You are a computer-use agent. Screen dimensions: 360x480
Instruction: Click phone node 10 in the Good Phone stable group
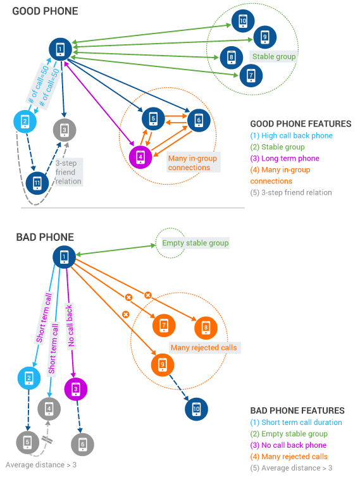pyautogui.click(x=243, y=21)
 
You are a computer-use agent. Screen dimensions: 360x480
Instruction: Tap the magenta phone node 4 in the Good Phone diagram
pyautogui.click(x=140, y=157)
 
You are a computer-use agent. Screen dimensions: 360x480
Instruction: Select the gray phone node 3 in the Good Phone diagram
pyautogui.click(x=65, y=130)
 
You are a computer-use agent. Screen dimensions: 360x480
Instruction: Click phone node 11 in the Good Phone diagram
pyautogui.click(x=37, y=183)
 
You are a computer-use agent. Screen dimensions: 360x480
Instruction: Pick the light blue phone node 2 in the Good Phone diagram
pyautogui.click(x=25, y=121)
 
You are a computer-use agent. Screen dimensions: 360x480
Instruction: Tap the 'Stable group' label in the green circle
pyautogui.click(x=274, y=57)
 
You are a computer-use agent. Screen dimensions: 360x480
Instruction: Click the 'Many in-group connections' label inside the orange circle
pyautogui.click(x=192, y=163)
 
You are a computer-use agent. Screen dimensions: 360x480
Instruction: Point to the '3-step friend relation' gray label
pyautogui.click(x=68, y=172)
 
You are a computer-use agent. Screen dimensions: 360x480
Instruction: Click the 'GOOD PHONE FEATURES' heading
pyautogui.click(x=301, y=124)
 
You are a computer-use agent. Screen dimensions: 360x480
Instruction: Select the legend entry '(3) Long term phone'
pyautogui.click(x=285, y=158)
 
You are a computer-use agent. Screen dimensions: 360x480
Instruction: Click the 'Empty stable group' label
pyautogui.click(x=196, y=243)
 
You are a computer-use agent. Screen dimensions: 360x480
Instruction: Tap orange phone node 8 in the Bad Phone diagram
pyautogui.click(x=206, y=328)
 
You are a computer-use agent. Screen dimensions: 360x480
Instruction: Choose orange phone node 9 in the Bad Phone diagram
pyautogui.click(x=163, y=365)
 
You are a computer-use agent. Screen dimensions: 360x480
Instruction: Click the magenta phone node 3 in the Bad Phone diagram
pyautogui.click(x=76, y=389)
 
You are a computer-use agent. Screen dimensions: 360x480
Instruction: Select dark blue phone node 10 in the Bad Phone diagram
pyautogui.click(x=196, y=409)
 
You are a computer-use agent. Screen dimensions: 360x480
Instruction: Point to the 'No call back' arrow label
pyautogui.click(x=70, y=326)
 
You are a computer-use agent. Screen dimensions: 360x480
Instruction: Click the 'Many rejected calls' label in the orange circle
pyautogui.click(x=204, y=347)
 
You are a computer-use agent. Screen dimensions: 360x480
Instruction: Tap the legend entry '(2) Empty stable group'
pyautogui.click(x=289, y=434)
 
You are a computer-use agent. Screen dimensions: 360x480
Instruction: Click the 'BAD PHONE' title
pyautogui.click(x=45, y=237)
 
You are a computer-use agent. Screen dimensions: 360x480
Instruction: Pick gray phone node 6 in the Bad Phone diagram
pyautogui.click(x=82, y=444)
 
